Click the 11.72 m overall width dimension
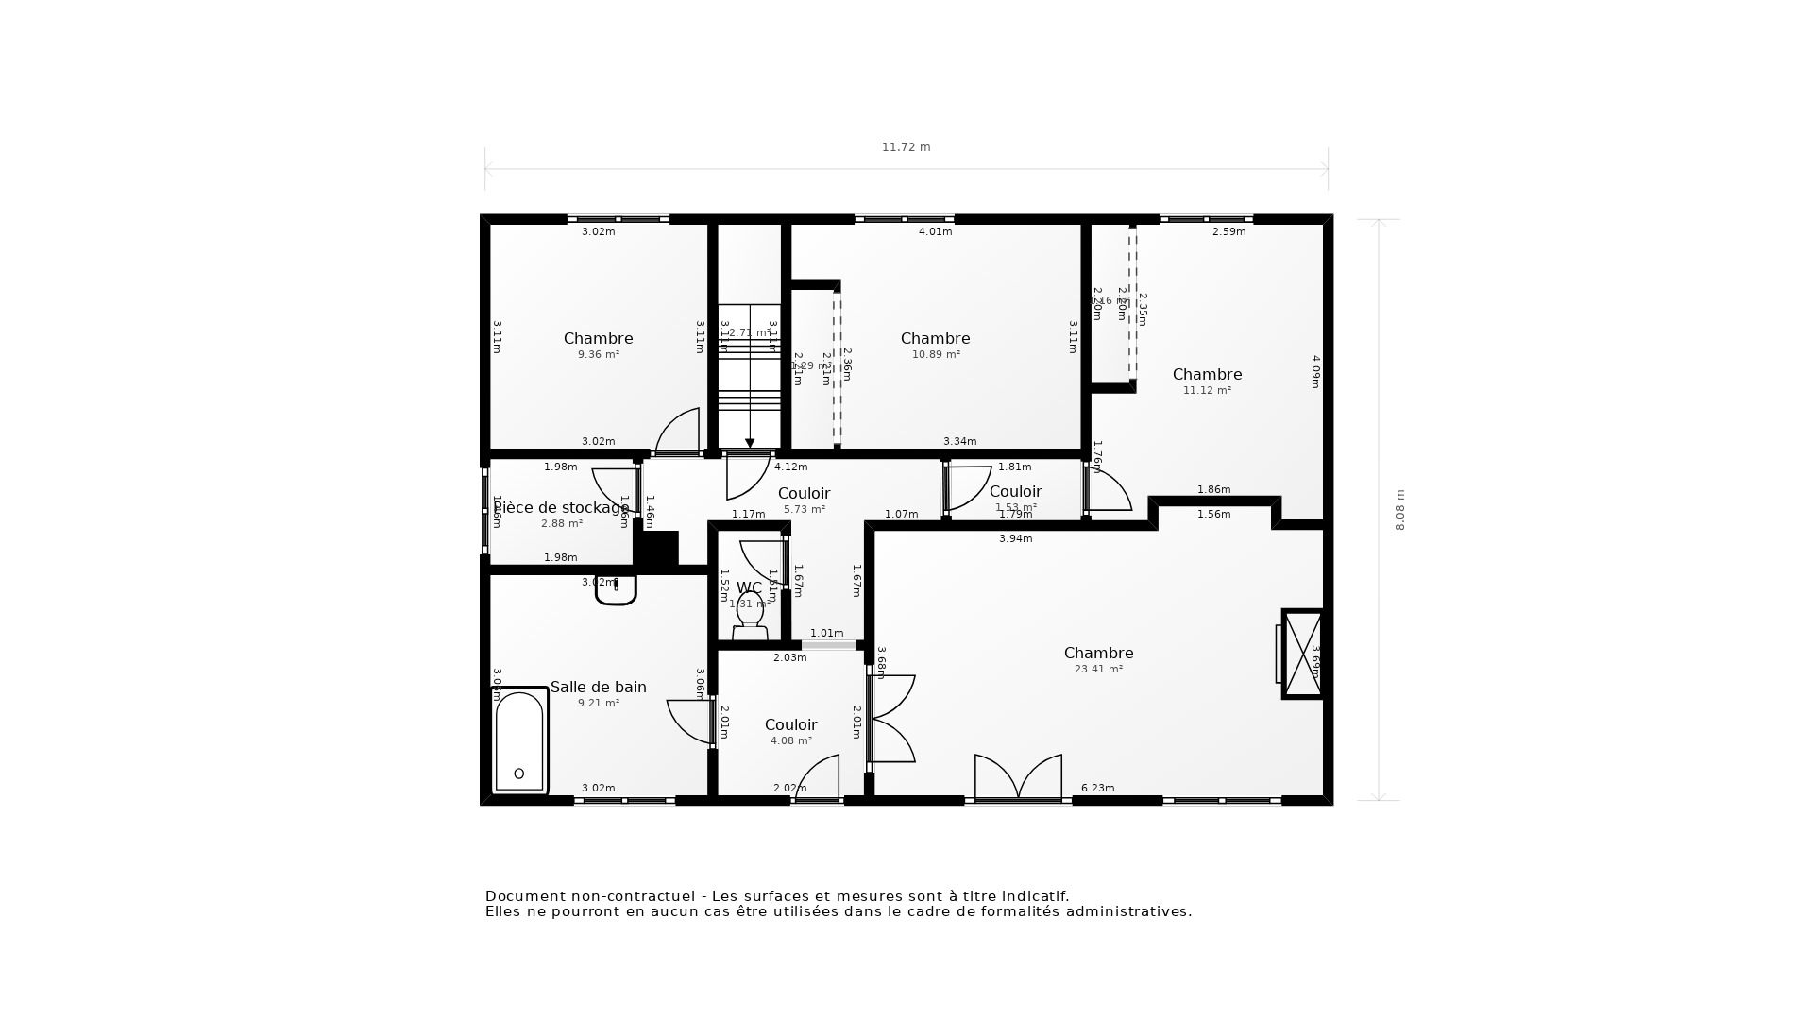[x=906, y=147]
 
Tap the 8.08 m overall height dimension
[x=1400, y=510]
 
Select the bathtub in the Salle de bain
[x=519, y=741]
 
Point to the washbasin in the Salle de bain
[x=616, y=590]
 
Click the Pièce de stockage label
[x=561, y=508]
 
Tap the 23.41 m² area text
[x=1098, y=670]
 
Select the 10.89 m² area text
[x=936, y=355]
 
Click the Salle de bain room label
[x=598, y=688]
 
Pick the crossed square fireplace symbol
[x=1303, y=654]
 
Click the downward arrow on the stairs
[x=750, y=442]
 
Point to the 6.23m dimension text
[x=1097, y=788]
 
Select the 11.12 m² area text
[x=1207, y=391]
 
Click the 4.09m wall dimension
[x=1315, y=371]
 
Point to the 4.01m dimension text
[x=935, y=232]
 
